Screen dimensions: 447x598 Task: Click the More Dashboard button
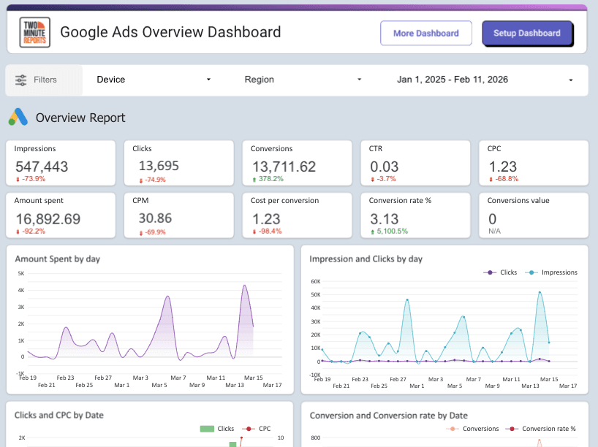425,33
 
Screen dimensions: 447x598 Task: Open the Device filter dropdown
154,80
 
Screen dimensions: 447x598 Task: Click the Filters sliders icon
21,80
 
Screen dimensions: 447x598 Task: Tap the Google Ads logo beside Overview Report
18,118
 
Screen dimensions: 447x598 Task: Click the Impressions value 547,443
42,167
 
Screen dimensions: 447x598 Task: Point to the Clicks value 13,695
159,167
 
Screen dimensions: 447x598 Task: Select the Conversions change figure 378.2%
270,179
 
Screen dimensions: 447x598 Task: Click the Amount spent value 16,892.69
48,219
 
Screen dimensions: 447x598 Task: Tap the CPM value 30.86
155,218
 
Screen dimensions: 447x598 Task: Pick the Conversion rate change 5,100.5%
391,232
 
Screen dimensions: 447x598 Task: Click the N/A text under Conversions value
495,232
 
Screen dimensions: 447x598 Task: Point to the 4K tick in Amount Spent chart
21,290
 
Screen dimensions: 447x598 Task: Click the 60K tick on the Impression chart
316,280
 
